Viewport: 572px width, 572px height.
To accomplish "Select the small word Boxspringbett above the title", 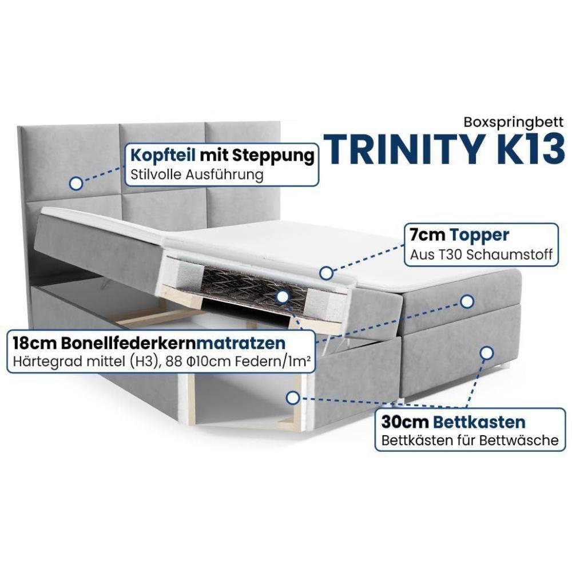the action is [514, 122].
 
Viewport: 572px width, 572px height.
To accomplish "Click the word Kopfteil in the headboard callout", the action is [162, 156].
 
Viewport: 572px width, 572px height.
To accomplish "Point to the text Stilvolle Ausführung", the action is [197, 174].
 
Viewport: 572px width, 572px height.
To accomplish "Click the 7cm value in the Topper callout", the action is [427, 235].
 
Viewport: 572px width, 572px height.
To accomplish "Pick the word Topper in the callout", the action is [479, 236].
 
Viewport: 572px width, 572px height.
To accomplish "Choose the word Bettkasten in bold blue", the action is [479, 422].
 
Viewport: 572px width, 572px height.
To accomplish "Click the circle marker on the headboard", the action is [76, 183].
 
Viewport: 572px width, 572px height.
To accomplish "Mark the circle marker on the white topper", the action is [326, 273].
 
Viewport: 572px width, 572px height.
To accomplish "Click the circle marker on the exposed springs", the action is [282, 297].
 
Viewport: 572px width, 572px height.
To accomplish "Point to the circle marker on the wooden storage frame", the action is [292, 398].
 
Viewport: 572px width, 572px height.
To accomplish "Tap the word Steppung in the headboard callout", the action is [273, 156].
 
